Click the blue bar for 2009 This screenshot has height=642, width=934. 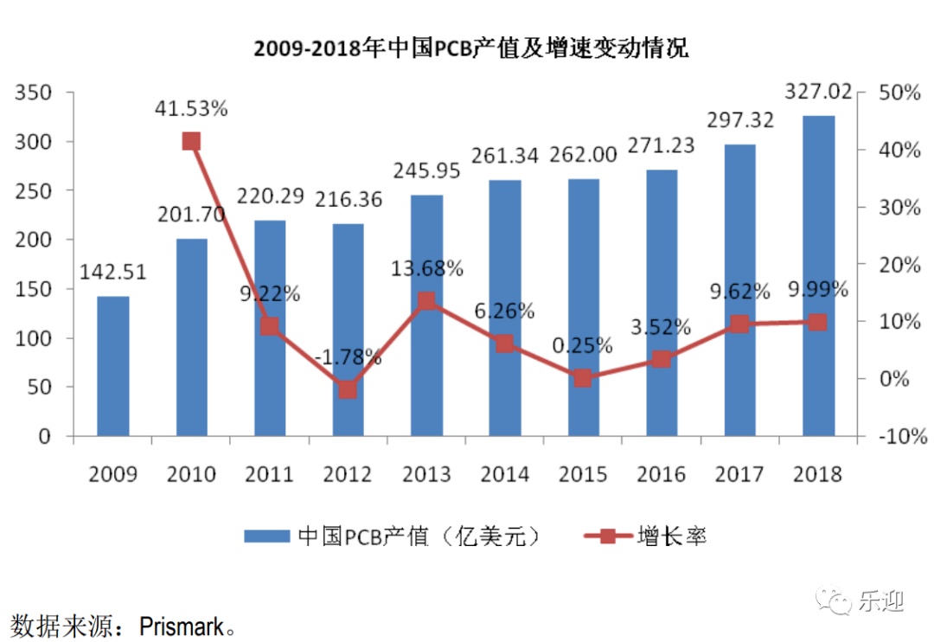(x=113, y=366)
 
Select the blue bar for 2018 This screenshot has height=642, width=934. (x=819, y=275)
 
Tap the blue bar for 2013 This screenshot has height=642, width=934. (x=426, y=315)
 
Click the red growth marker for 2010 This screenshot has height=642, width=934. (x=192, y=142)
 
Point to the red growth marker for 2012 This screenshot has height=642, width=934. (x=349, y=389)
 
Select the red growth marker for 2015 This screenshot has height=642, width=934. (x=582, y=378)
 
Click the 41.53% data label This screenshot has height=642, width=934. (x=192, y=109)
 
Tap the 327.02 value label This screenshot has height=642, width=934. (x=818, y=92)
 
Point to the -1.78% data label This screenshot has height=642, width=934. (x=349, y=356)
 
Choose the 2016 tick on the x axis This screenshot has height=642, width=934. (x=662, y=474)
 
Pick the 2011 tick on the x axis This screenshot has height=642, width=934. (x=270, y=474)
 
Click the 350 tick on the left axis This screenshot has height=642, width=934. (x=35, y=93)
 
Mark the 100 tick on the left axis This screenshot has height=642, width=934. (x=35, y=338)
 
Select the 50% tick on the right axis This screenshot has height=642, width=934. (x=899, y=93)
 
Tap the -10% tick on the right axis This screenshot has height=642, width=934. (x=899, y=437)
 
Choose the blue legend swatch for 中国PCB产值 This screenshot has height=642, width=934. (x=267, y=536)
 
